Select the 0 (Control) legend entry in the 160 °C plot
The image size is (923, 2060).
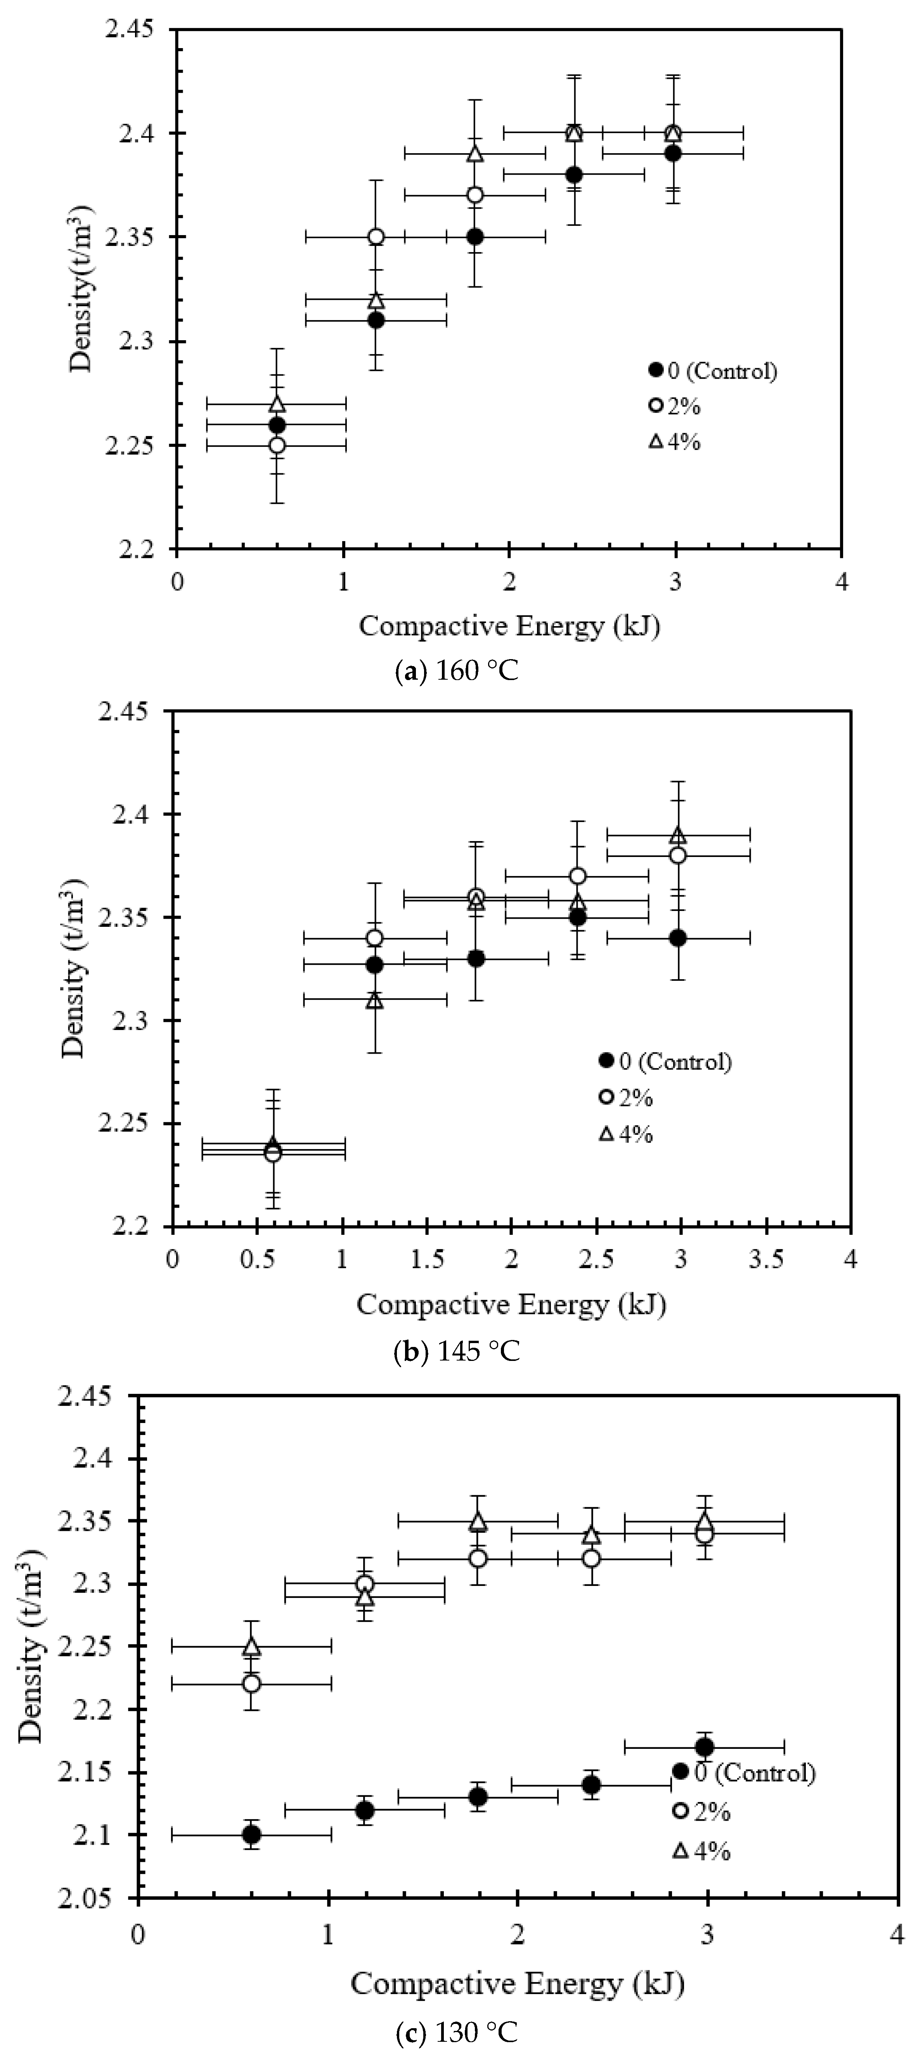click(712, 370)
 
